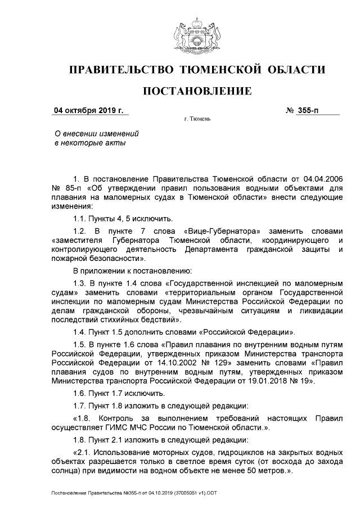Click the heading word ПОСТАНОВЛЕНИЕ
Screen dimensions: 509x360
pyautogui.click(x=196, y=91)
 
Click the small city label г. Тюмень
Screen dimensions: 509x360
pyautogui.click(x=197, y=120)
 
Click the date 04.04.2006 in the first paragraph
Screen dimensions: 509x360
pyautogui.click(x=321, y=178)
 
